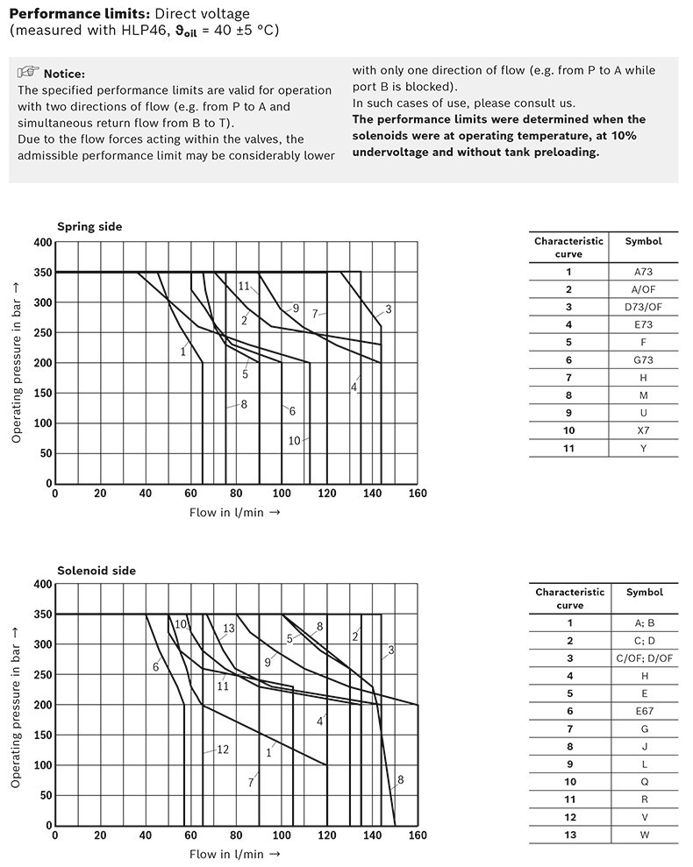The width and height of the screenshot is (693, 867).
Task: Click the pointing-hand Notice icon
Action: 28,73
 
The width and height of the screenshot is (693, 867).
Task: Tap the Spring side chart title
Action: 89,227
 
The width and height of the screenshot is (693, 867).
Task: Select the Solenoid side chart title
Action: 96,571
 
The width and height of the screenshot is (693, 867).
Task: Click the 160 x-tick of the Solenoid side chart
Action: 418,835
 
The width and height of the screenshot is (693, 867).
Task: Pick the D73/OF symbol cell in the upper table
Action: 643,307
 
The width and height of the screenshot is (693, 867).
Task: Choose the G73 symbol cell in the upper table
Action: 643,360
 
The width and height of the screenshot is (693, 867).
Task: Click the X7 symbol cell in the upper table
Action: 643,430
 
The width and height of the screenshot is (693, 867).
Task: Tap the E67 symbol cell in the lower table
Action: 645,711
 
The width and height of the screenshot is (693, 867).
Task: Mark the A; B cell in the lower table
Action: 645,623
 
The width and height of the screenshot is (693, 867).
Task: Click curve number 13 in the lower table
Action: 570,835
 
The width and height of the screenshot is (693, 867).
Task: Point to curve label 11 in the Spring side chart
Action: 244,286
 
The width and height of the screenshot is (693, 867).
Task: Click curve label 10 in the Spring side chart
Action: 295,441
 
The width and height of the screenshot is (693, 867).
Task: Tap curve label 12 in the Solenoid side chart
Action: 222,750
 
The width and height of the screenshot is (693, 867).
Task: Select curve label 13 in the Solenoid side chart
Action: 229,629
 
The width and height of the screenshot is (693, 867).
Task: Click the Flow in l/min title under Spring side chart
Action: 234,513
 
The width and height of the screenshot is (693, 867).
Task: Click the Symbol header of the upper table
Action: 643,242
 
